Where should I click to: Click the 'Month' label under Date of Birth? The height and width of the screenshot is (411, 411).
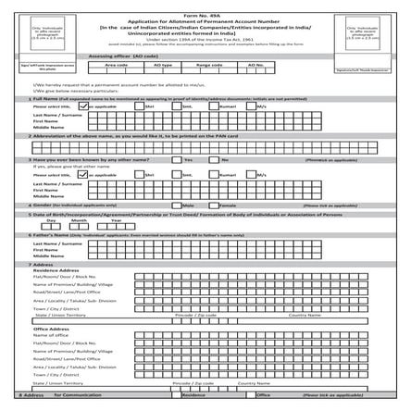[x=81, y=221]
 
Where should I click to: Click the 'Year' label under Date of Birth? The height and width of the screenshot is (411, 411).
[x=116, y=221]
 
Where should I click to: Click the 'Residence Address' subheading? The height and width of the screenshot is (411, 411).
[x=58, y=269]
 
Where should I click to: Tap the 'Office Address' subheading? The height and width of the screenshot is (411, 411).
[x=53, y=328]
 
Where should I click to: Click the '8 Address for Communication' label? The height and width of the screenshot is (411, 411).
[x=56, y=394]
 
